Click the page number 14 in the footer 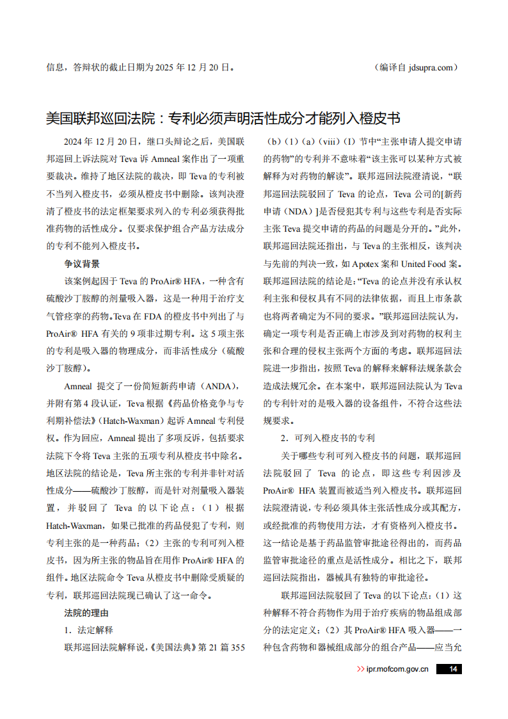452,669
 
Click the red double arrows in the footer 360,669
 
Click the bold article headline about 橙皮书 223,118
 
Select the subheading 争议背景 82,264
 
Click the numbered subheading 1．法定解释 88,630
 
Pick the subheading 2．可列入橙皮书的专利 328,439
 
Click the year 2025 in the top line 164,67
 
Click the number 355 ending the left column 237,647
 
